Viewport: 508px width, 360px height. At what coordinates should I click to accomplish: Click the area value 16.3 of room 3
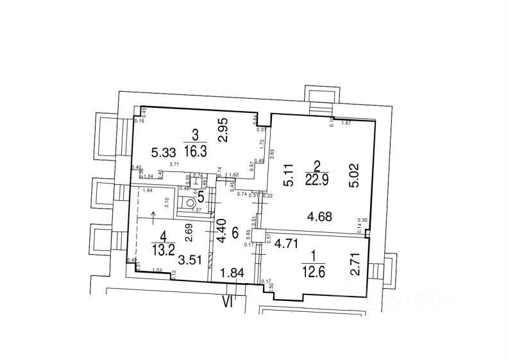tap(195, 151)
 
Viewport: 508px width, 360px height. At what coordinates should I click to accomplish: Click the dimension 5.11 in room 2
tap(289, 175)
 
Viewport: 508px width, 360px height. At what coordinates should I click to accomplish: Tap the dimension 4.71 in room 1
tap(288, 244)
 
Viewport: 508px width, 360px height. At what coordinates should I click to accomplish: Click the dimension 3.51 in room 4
tap(190, 260)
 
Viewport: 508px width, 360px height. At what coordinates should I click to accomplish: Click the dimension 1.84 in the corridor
tap(232, 274)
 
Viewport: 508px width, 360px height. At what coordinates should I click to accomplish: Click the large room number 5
tap(201, 198)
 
